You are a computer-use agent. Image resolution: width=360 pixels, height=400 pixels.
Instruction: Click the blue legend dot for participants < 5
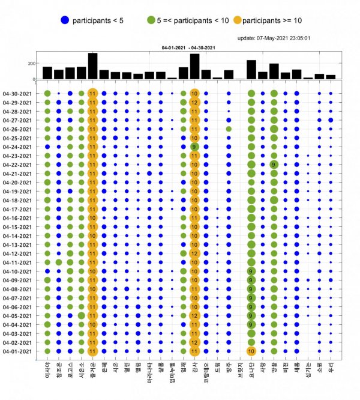pyautogui.click(x=64, y=20)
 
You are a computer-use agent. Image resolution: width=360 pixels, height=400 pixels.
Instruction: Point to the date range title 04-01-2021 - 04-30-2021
pyautogui.click(x=188, y=47)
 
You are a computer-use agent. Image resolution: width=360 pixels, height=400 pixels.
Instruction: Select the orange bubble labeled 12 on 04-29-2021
pyautogui.click(x=194, y=102)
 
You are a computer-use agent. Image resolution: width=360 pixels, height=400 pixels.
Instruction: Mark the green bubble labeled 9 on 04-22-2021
pyautogui.click(x=274, y=165)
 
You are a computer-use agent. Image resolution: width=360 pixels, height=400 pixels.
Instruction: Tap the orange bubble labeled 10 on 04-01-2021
pyautogui.click(x=251, y=351)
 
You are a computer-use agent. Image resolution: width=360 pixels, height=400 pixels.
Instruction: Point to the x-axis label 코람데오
pyautogui.click(x=206, y=374)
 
